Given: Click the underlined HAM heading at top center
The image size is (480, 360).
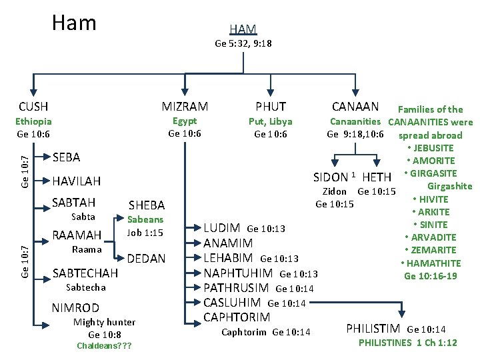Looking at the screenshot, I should click(x=243, y=29).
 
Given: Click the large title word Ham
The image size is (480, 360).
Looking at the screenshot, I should click(x=74, y=23).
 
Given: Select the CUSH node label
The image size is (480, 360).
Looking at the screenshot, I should click(x=33, y=106).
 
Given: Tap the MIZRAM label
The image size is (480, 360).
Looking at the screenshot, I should click(x=185, y=106).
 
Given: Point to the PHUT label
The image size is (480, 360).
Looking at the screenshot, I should click(x=270, y=106).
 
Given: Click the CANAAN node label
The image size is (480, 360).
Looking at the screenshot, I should click(x=355, y=106).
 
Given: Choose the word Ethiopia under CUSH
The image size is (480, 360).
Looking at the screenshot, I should click(x=33, y=121).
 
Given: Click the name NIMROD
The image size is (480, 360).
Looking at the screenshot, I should click(x=75, y=307).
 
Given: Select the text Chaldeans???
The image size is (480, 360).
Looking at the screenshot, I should click(x=103, y=346).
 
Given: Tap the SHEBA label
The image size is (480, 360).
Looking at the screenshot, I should click(x=146, y=205).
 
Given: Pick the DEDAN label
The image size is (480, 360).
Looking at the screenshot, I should click(x=146, y=258).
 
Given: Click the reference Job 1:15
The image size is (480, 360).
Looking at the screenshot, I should click(x=145, y=233).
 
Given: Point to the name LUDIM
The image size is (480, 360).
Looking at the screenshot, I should click(x=223, y=228).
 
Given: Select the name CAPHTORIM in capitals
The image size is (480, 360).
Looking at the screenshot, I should click(x=237, y=317).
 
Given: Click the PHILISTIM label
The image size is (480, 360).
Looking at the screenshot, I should click(x=373, y=328).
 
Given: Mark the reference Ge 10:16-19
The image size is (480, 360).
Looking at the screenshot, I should click(x=431, y=275).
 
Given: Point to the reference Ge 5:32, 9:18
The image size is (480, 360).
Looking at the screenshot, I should click(x=243, y=43).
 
